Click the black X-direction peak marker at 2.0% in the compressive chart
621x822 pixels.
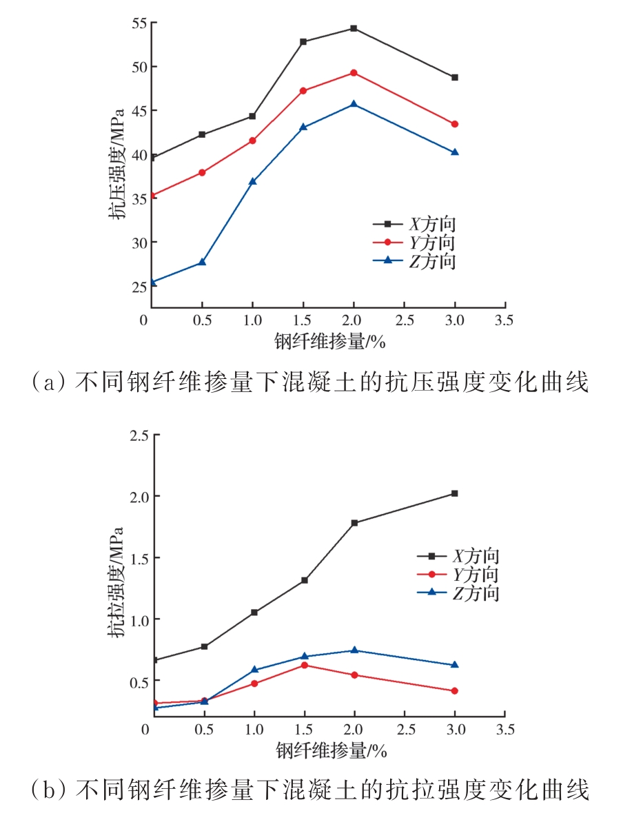click(354, 28)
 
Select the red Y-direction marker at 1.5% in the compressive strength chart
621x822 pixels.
click(303, 90)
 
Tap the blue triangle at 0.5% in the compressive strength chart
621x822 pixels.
click(202, 262)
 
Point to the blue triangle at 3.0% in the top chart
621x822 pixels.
click(455, 152)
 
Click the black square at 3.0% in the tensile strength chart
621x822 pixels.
click(455, 493)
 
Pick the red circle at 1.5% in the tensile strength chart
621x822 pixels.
click(304, 665)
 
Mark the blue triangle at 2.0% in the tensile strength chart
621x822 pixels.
click(354, 650)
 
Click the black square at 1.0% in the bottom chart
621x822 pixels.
click(254, 612)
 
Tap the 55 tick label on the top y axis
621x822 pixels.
click(140, 23)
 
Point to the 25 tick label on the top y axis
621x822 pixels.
click(140, 286)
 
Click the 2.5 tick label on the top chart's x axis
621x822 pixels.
click(405, 320)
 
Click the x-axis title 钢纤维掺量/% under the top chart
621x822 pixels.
click(329, 341)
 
